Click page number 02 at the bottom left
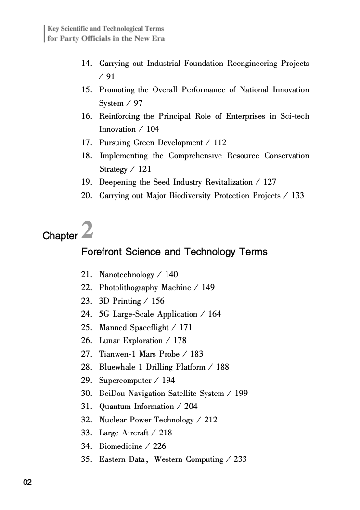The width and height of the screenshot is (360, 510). click(27, 483)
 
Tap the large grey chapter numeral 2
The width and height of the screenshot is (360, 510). click(87, 230)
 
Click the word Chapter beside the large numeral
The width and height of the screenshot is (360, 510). click(60, 236)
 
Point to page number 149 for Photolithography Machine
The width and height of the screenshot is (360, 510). click(208, 288)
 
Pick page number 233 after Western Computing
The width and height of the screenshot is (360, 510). click(240, 459)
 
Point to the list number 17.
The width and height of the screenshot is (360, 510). click(87, 143)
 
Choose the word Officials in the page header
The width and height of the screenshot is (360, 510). click(90, 38)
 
